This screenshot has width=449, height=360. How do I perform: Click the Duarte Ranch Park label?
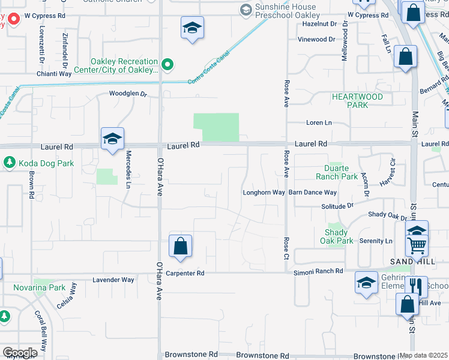[337, 172]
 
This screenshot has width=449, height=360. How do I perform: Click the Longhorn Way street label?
[263, 193]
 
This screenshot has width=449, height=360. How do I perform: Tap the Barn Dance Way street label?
[312, 193]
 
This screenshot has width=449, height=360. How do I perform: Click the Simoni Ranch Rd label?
[318, 272]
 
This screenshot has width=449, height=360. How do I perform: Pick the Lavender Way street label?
[113, 280]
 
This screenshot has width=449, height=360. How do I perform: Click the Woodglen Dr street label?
[128, 94]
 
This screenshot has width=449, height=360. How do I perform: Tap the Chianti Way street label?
[54, 74]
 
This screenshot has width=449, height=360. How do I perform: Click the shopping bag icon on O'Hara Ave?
[180, 247]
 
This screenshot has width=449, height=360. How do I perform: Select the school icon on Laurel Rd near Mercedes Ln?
[112, 139]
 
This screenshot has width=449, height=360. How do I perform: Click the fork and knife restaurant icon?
[416, 287]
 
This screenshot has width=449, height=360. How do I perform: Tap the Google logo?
[20, 353]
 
